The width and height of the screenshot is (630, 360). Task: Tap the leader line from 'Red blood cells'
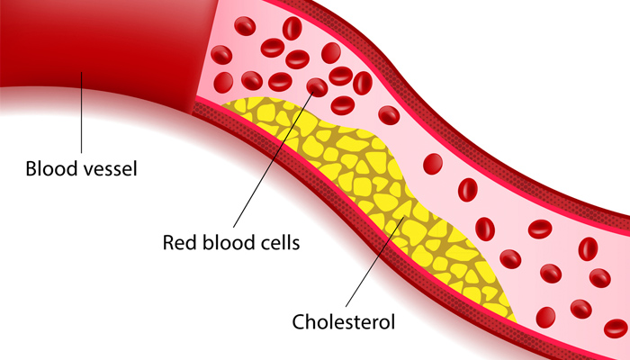270,162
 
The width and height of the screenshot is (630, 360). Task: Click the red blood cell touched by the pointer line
317,87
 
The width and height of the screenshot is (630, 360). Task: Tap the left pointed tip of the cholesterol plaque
224,107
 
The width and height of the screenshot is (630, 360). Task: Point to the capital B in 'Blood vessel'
31,168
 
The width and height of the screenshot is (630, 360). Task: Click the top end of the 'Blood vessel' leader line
81,73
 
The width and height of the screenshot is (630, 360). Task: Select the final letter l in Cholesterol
393,319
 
